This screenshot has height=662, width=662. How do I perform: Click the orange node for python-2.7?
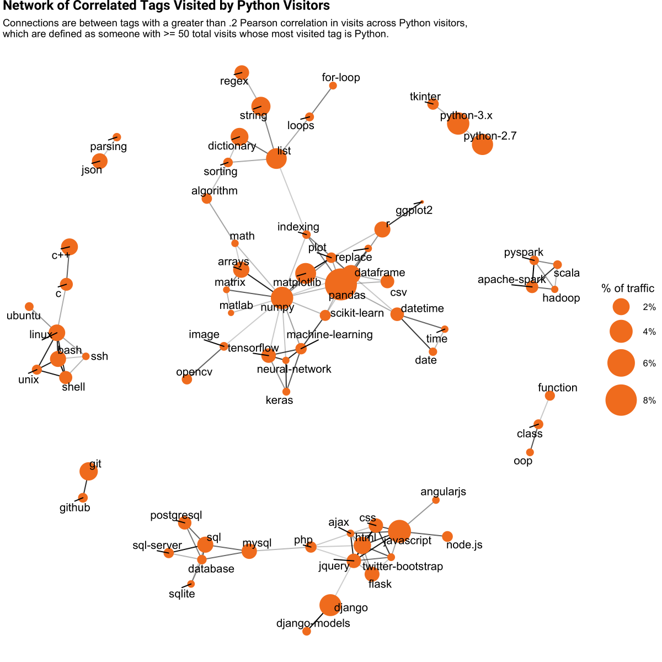[482, 145]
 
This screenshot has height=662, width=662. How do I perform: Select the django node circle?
[330, 605]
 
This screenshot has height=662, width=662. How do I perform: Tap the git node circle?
[88, 472]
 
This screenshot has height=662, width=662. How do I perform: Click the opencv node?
[187, 379]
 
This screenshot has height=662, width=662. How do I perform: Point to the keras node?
[286, 392]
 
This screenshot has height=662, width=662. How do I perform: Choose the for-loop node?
[333, 86]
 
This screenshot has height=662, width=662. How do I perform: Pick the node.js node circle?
[447, 536]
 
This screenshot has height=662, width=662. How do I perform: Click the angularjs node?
[436, 500]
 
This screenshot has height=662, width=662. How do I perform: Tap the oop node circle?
[530, 452]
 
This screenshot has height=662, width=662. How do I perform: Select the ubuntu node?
[29, 307]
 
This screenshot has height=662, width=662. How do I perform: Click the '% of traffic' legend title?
[627, 289]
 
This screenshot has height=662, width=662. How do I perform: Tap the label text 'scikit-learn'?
[357, 313]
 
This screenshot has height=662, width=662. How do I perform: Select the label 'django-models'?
[313, 623]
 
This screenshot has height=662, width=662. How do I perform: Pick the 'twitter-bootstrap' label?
[403, 566]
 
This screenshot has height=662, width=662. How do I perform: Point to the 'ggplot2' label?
[414, 210]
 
